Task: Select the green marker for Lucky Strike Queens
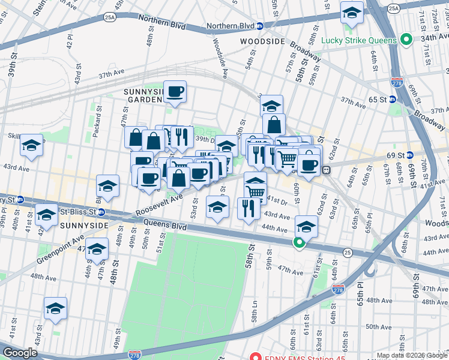tap(406, 40)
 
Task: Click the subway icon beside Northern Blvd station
tap(260, 26)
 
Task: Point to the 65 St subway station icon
tap(393, 98)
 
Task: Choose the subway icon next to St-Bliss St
tap(101, 212)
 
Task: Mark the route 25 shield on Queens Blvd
tap(348, 254)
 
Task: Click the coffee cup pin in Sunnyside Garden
tap(175, 92)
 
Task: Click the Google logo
tap(20, 353)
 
